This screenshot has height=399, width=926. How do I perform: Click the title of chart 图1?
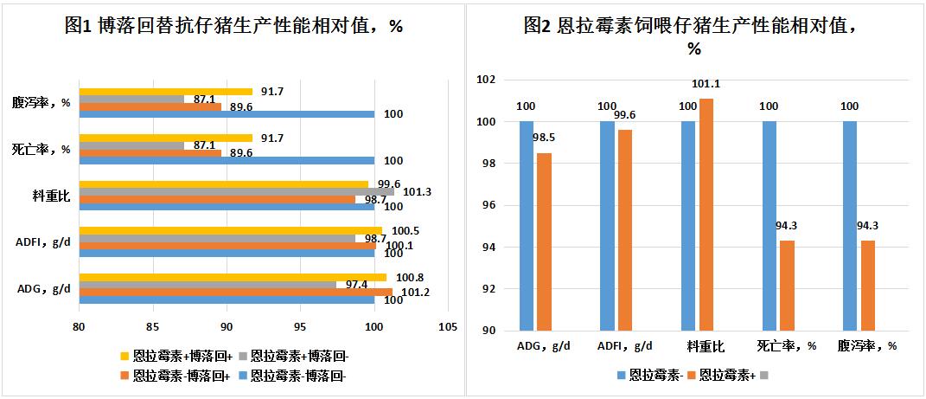click(233, 25)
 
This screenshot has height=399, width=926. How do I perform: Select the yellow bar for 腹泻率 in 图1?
click(165, 91)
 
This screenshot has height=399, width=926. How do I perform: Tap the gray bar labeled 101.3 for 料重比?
click(236, 191)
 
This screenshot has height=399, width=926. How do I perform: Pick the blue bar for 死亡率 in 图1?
click(226, 161)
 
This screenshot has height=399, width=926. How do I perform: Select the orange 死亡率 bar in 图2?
click(787, 285)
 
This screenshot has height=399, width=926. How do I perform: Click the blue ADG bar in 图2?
click(527, 225)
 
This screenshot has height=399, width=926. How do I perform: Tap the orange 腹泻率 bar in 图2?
click(868, 285)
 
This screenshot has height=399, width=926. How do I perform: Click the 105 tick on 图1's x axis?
click(447, 328)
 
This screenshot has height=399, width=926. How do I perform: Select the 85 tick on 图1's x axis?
click(152, 328)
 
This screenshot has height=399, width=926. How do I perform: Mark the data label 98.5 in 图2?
click(543, 138)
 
